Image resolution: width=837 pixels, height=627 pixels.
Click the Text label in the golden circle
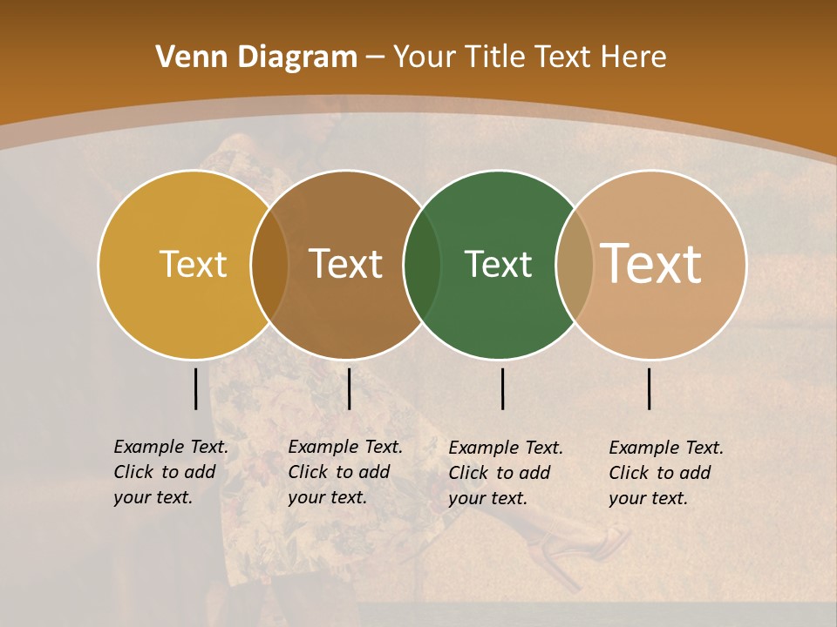click(x=193, y=264)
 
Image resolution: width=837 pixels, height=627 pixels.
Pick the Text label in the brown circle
click(x=345, y=264)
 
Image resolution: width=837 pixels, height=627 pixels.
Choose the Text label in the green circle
click(x=498, y=264)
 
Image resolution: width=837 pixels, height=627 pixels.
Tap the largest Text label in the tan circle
click(x=651, y=264)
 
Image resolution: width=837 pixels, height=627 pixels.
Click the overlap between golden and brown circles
click(x=269, y=265)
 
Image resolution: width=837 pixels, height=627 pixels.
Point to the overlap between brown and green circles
click(x=422, y=265)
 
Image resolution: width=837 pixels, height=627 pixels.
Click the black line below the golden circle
click(x=195, y=388)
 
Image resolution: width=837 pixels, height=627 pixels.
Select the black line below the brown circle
click(x=349, y=388)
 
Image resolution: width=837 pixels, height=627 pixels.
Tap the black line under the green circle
click(x=502, y=388)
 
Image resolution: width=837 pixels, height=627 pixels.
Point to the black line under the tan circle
click(x=649, y=388)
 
